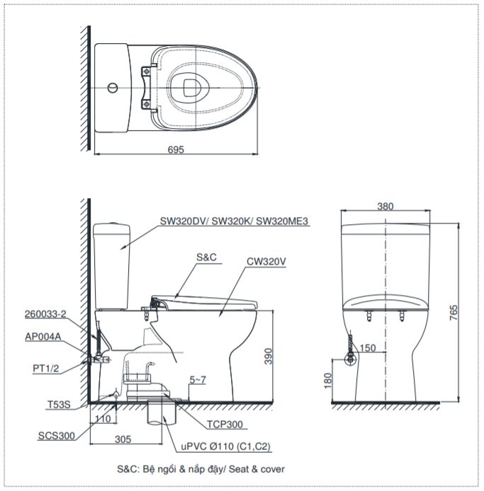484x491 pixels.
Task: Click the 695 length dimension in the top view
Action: [x=176, y=149]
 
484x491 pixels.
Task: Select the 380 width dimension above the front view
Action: [x=385, y=207]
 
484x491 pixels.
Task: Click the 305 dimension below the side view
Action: [x=123, y=439]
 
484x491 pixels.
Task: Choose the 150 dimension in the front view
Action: [x=368, y=347]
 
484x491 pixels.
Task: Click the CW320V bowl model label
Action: [x=266, y=261]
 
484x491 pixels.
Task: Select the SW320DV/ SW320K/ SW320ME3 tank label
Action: [x=235, y=221]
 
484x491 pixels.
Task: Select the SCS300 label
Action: [x=57, y=436]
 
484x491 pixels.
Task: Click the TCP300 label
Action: [x=225, y=424]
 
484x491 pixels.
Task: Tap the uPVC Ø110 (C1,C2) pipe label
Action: [x=226, y=446]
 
